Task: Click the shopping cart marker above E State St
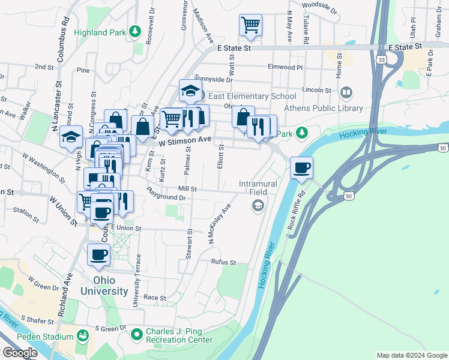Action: point(250,25)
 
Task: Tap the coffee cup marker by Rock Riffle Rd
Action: point(301,167)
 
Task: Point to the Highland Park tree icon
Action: point(136,31)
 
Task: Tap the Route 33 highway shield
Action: point(382,60)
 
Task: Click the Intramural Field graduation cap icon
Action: point(258,206)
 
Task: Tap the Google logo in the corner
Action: point(20,353)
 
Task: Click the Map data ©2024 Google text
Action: point(412,355)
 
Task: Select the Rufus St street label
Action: point(223,262)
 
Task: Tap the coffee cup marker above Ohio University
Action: point(99,254)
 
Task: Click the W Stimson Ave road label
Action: point(185,140)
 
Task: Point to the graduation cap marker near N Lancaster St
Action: point(71,137)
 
